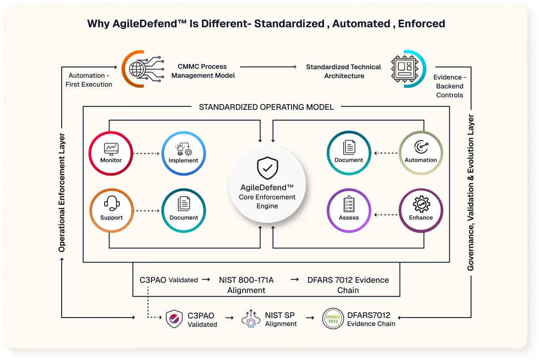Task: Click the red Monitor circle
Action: [111, 153]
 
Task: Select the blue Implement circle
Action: [183, 153]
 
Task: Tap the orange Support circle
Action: [111, 210]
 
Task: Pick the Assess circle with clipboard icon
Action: [349, 210]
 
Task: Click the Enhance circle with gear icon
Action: [421, 210]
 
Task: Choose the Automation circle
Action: [421, 153]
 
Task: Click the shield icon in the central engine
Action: [267, 167]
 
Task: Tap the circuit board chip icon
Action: [402, 69]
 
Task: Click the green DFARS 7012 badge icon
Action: [333, 319]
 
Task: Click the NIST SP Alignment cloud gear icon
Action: [251, 319]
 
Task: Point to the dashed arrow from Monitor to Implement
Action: [147, 153]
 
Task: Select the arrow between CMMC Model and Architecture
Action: [268, 67]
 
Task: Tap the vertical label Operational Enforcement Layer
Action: [62, 192]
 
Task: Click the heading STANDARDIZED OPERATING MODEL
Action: [266, 107]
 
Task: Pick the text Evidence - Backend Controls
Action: [449, 86]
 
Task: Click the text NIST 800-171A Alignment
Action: [246, 285]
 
